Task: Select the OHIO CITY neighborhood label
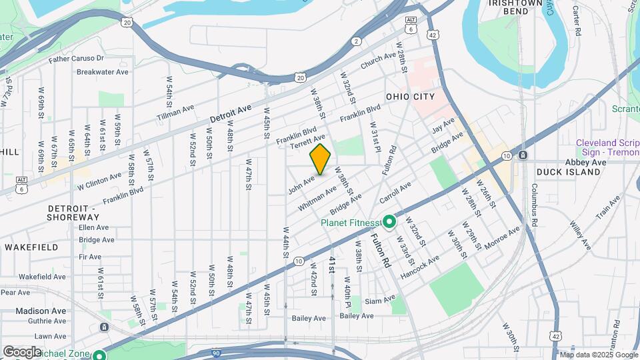(410, 97)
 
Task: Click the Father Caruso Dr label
(86, 59)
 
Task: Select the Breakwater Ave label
(102, 72)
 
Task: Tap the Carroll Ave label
(395, 190)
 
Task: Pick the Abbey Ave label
(585, 162)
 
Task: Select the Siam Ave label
(380, 300)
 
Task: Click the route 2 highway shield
(357, 41)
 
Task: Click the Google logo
(21, 351)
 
